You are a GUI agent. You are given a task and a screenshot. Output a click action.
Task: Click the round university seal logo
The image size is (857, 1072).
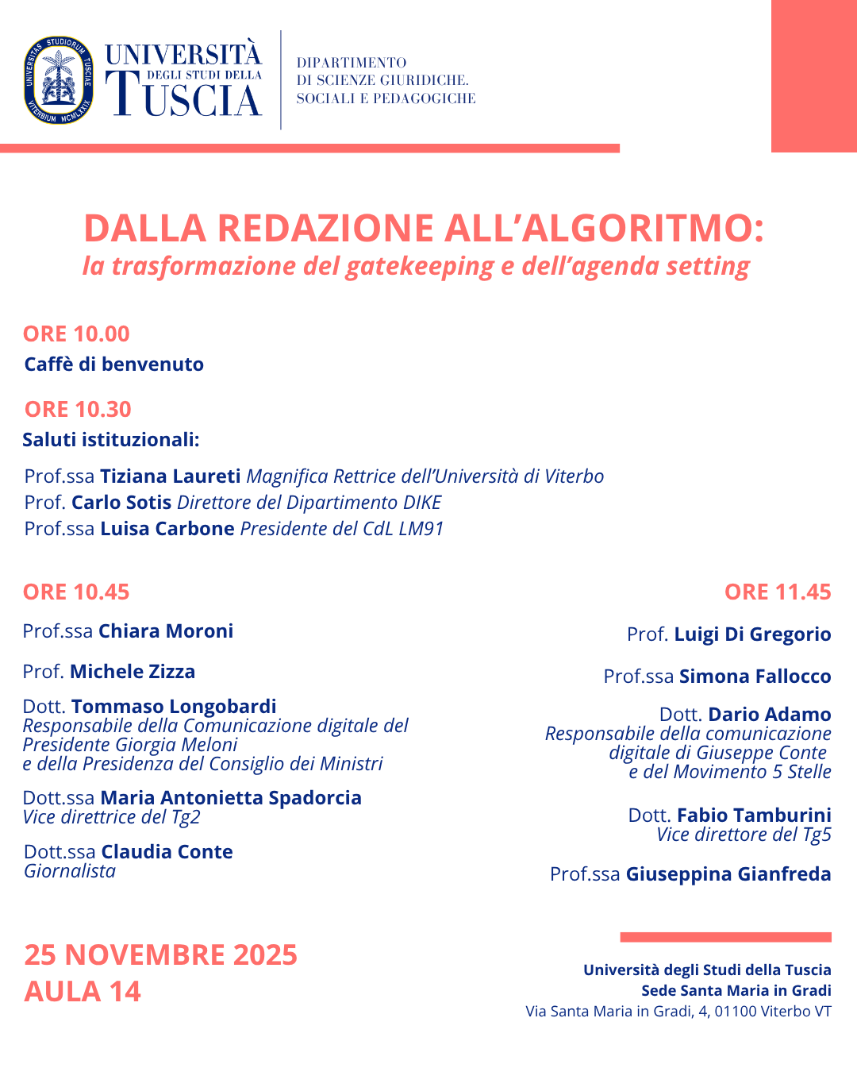[59, 80]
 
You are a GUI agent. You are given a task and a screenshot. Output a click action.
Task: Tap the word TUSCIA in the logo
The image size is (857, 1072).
[187, 98]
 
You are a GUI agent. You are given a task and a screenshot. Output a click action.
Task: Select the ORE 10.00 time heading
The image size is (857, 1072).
[76, 334]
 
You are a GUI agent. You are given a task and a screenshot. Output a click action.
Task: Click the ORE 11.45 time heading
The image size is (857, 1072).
[778, 592]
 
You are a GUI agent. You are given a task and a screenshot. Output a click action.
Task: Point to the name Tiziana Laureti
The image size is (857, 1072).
[170, 476]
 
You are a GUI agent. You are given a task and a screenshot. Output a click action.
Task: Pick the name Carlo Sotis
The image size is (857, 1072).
[121, 503]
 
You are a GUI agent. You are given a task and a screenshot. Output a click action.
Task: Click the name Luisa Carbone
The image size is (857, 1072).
[167, 529]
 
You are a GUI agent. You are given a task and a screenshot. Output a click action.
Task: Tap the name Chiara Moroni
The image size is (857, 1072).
[166, 631]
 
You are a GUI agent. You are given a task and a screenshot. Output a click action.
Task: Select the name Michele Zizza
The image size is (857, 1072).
[133, 672]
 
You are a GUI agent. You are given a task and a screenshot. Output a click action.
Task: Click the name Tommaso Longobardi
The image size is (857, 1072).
[174, 707]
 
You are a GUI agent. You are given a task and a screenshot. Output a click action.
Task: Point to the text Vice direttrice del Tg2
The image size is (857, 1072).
[111, 817]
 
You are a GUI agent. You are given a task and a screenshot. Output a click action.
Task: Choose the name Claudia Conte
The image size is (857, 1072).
[167, 852]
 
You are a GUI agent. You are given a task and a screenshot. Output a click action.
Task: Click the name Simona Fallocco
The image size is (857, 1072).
[755, 677]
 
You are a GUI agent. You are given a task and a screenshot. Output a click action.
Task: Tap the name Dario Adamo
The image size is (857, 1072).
[770, 715]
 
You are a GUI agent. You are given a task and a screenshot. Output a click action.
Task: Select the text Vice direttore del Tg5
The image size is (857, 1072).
[744, 835]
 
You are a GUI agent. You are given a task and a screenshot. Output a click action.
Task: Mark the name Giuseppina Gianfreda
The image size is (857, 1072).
[728, 874]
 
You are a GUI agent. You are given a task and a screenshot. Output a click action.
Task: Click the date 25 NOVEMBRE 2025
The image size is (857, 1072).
[160, 954]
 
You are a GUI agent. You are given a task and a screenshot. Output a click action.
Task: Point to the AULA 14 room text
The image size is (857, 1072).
[83, 992]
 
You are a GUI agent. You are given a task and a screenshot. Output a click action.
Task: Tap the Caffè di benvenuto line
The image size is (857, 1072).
[114, 364]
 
